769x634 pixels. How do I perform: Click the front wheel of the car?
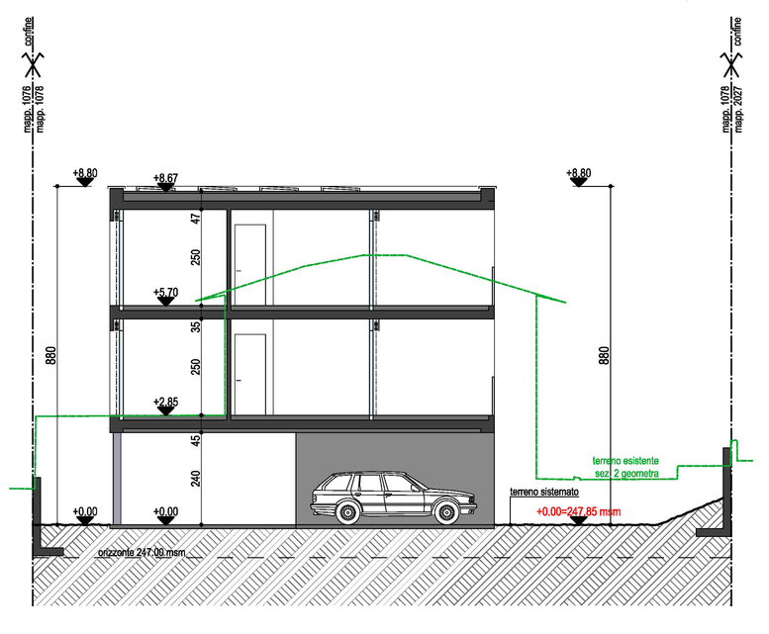446,512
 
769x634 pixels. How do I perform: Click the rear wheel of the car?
347,512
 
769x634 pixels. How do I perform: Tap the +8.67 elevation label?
165,177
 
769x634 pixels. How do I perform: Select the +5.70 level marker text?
165,292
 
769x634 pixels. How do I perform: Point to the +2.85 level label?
165,402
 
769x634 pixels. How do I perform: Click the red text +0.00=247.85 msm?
578,511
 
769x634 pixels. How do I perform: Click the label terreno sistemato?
544,492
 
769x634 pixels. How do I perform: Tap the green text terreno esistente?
625,461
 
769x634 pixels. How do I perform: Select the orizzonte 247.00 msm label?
142,552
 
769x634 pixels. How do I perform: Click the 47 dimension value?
196,219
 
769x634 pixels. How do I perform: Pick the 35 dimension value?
196,326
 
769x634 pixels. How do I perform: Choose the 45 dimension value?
196,440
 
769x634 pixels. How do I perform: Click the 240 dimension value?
196,478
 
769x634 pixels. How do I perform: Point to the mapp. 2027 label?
738,110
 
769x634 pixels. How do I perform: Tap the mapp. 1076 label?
27,109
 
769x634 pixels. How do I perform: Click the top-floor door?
250,264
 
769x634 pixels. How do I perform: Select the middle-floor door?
250,375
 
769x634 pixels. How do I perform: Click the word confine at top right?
737,32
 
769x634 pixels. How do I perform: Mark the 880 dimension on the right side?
604,355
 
